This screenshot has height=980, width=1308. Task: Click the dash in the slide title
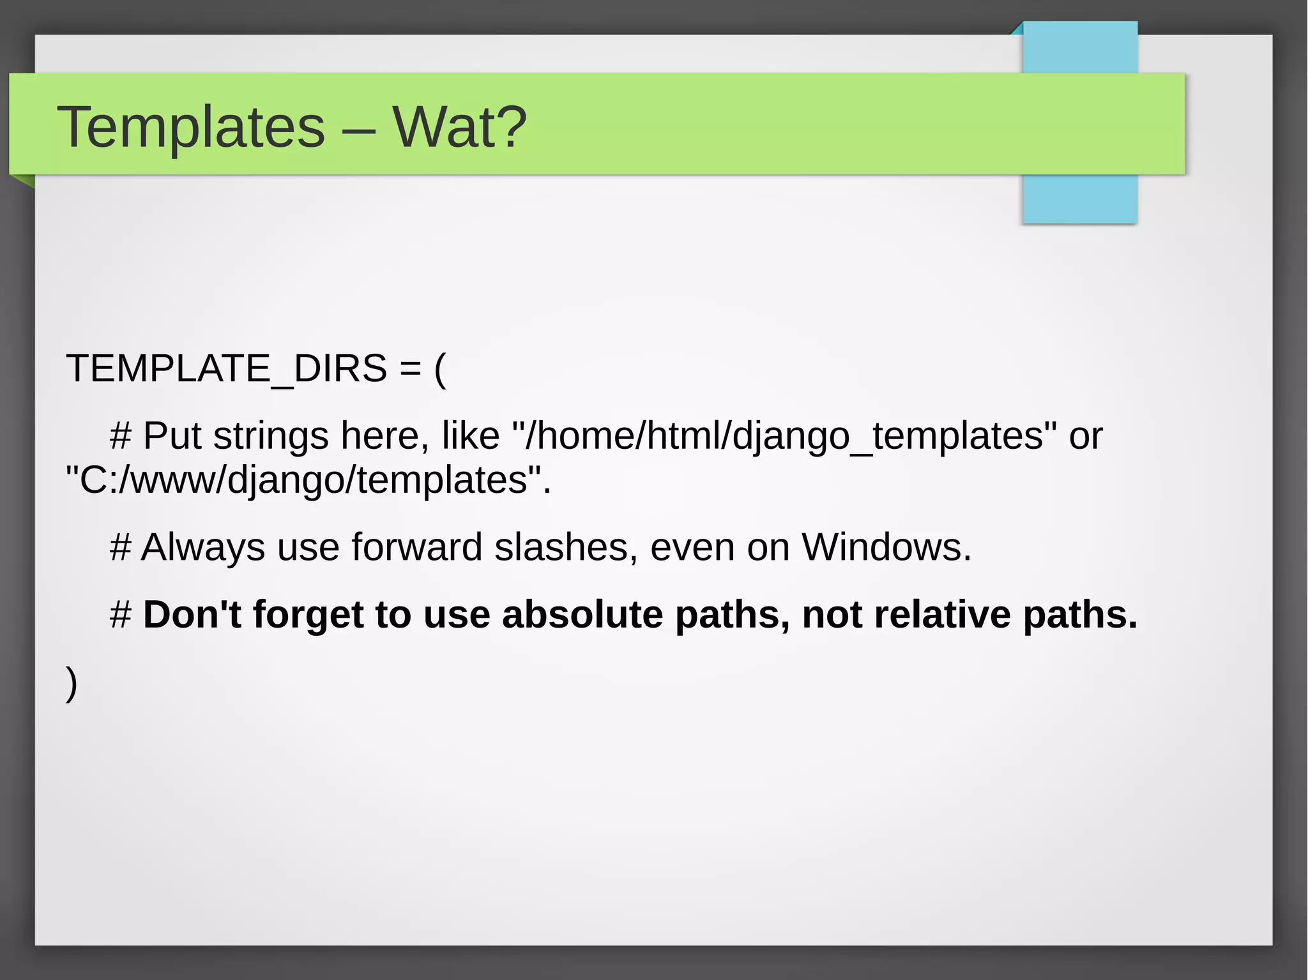click(x=358, y=130)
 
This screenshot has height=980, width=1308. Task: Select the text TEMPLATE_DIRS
click(x=227, y=368)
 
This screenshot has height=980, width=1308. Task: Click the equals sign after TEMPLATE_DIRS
click(x=411, y=370)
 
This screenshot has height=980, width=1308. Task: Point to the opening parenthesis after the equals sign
click(x=440, y=370)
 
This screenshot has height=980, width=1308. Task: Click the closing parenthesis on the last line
click(x=72, y=682)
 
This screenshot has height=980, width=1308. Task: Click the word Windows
click(x=886, y=547)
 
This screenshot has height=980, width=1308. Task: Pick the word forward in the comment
click(x=416, y=547)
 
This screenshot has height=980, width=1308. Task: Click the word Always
click(x=203, y=547)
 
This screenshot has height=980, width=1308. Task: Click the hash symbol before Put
click(x=121, y=436)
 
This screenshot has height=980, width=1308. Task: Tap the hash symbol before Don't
click(x=121, y=615)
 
